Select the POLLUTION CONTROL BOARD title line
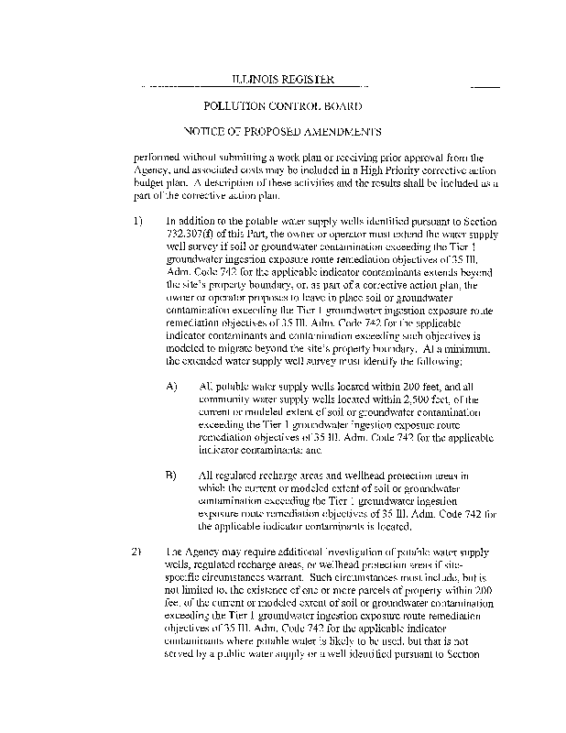coord(282,107)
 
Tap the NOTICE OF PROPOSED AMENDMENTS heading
coord(282,132)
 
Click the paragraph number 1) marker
coord(138,222)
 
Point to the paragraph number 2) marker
coord(138,552)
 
